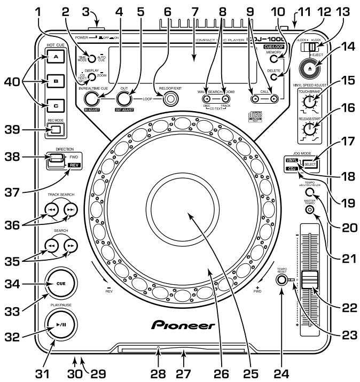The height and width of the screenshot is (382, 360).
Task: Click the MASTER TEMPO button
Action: pyautogui.click(x=309, y=210)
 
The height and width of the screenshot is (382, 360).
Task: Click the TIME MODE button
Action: pyautogui.click(x=92, y=59)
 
